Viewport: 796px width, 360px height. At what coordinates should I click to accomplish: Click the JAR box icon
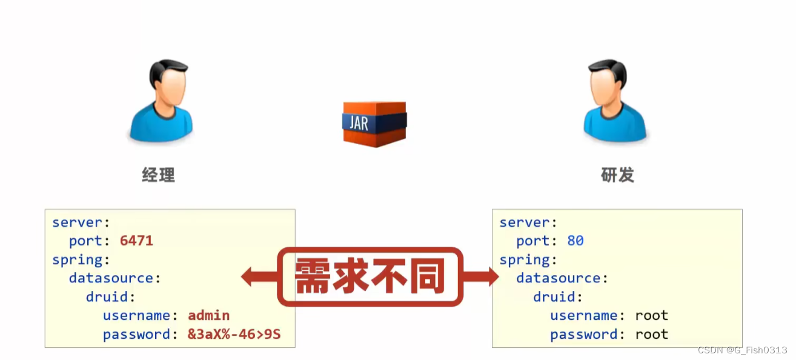click(x=374, y=124)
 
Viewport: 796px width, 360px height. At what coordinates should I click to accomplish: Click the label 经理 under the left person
click(x=159, y=175)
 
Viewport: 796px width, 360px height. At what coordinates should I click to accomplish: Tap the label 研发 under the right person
click(x=617, y=175)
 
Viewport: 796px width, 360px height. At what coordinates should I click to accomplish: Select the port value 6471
click(x=136, y=241)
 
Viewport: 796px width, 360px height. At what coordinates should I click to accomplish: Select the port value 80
click(x=575, y=241)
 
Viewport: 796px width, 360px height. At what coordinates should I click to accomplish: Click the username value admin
click(x=208, y=315)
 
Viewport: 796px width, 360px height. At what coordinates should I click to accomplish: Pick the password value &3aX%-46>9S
click(x=234, y=334)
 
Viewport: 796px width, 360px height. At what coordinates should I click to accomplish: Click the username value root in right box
click(x=651, y=315)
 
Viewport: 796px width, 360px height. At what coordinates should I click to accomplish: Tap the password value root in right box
click(x=651, y=334)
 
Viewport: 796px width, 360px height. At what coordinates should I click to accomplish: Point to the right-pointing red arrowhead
click(x=491, y=277)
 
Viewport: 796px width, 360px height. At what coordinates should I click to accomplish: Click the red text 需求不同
click(x=370, y=277)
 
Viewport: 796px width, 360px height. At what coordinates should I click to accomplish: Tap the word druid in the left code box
click(x=107, y=297)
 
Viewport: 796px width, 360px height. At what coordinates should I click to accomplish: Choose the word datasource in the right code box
click(x=558, y=278)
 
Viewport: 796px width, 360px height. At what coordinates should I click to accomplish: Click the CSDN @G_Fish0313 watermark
click(x=742, y=350)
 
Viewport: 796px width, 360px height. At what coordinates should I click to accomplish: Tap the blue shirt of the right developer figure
click(x=615, y=124)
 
